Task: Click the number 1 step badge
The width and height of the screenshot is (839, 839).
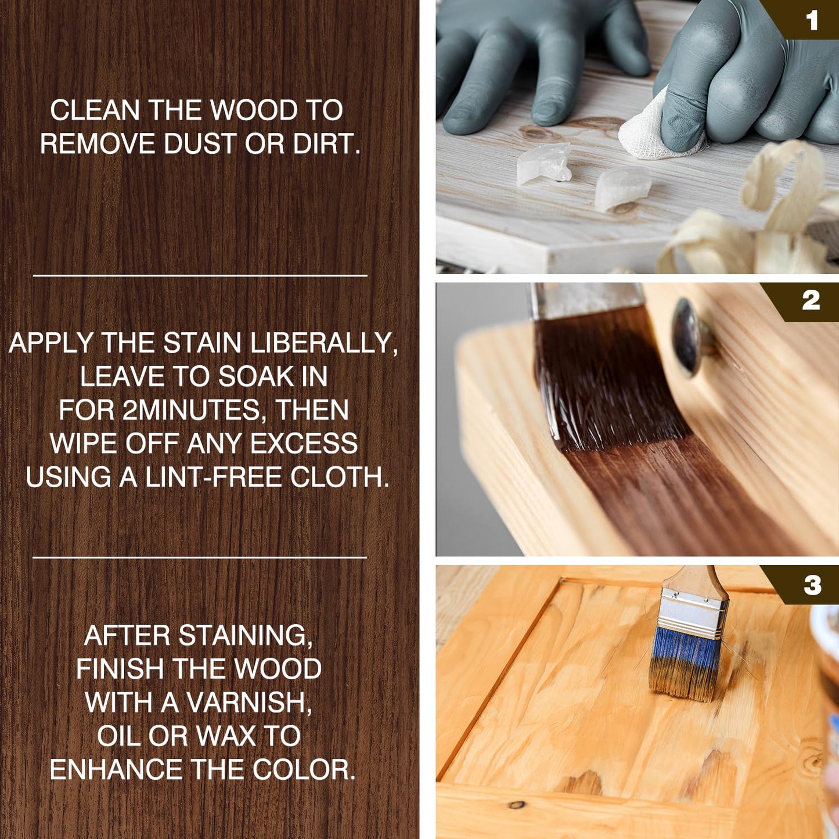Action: click(x=812, y=21)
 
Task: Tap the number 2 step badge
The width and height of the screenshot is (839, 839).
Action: click(x=811, y=301)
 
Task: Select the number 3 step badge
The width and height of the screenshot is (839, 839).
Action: click(x=812, y=585)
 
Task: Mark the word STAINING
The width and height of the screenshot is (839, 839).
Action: click(x=246, y=635)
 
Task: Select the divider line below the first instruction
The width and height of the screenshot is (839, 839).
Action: click(x=200, y=275)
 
